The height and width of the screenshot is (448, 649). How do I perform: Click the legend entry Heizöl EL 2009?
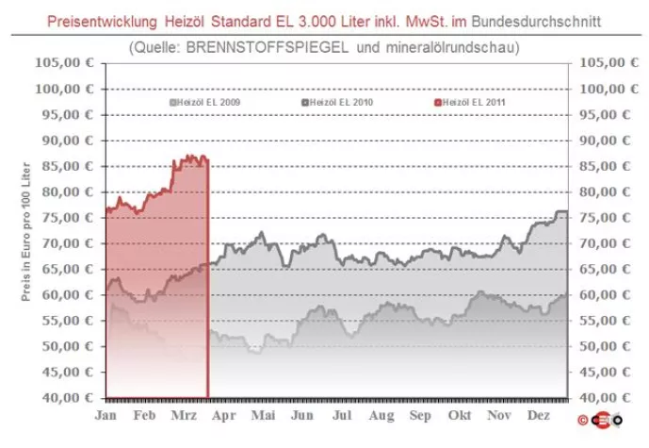click(x=202, y=101)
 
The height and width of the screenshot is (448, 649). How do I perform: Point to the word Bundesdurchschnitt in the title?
click(x=541, y=16)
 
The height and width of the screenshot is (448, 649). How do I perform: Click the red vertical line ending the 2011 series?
click(x=207, y=283)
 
